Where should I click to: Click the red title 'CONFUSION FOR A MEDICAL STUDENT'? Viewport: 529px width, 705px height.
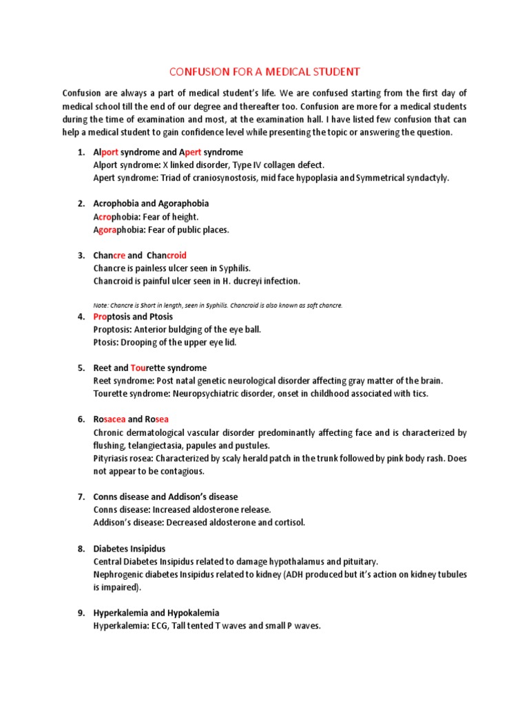264,71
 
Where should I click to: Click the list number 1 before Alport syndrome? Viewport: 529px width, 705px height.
80,152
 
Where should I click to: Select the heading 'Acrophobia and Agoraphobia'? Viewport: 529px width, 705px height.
151,204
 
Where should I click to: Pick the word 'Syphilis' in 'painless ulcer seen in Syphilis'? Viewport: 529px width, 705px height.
234,268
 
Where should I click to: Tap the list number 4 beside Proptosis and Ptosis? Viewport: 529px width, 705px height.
80,317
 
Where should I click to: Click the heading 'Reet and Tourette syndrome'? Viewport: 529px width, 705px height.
149,368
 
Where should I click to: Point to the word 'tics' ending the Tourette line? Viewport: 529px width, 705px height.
421,394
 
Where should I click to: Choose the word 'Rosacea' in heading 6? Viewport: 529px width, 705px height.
109,419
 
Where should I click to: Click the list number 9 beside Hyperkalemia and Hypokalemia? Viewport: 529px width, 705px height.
80,613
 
